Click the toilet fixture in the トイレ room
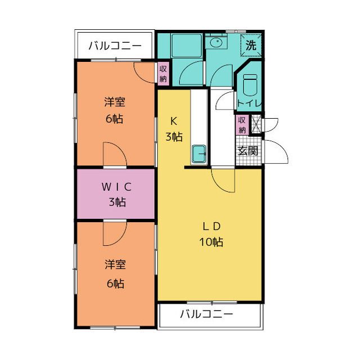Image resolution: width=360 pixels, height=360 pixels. [250, 85]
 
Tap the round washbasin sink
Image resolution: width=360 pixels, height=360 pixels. [216, 43]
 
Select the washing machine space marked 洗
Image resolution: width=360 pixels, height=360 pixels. [251, 45]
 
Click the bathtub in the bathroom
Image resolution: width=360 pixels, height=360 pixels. [187, 46]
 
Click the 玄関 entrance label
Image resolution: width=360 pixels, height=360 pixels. [247, 151]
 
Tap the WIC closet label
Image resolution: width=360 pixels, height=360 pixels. [116, 187]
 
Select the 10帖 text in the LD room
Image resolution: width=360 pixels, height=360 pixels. [211, 242]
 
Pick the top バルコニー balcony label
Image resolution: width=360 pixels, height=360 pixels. [115, 46]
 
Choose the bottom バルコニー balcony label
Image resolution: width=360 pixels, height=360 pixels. [206, 314]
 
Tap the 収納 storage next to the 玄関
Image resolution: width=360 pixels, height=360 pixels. [242, 125]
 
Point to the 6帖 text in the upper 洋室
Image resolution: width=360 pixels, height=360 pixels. [114, 119]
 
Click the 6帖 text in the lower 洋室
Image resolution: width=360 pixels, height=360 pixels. [115, 283]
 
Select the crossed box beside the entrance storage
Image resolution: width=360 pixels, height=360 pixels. [256, 124]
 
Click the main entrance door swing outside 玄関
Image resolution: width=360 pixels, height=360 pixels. [276, 152]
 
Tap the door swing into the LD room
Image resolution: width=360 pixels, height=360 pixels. [223, 181]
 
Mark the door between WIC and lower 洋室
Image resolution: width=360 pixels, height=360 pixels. [115, 233]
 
